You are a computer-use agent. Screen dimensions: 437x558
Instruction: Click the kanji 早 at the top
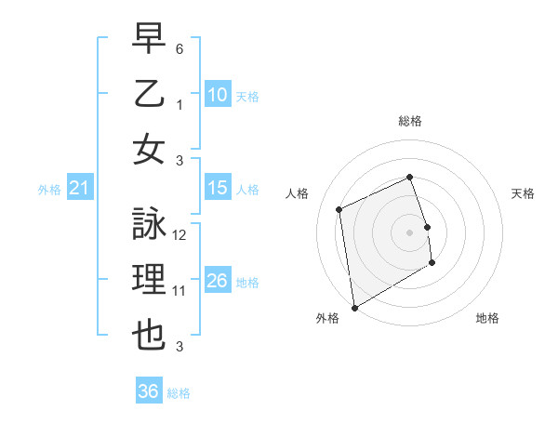coord(149,39)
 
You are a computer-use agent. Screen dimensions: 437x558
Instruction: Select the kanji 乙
coord(149,94)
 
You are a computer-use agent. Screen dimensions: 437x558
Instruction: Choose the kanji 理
coord(149,280)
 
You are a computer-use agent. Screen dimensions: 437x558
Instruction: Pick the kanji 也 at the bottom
coord(149,335)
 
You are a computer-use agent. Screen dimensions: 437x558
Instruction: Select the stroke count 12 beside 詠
coord(179,235)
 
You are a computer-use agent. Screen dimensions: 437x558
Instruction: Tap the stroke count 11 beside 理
coord(179,291)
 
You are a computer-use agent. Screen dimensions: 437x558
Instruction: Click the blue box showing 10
coord(218,95)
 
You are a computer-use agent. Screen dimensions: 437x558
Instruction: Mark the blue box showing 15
coord(218,188)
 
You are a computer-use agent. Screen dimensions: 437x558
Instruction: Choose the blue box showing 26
coord(218,281)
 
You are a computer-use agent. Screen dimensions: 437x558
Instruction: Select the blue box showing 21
coord(80,189)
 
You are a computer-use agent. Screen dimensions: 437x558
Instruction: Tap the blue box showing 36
coord(149,391)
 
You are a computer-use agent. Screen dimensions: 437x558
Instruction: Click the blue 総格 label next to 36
coord(179,393)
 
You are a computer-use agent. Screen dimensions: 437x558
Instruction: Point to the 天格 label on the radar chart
coord(523,193)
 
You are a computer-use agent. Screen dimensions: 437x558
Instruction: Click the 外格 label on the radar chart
coord(327,318)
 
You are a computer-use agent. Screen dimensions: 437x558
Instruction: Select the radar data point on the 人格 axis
coord(339,209)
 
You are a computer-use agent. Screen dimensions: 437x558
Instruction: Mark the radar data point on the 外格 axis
coord(353,307)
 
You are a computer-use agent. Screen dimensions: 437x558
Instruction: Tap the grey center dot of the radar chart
coord(409,232)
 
